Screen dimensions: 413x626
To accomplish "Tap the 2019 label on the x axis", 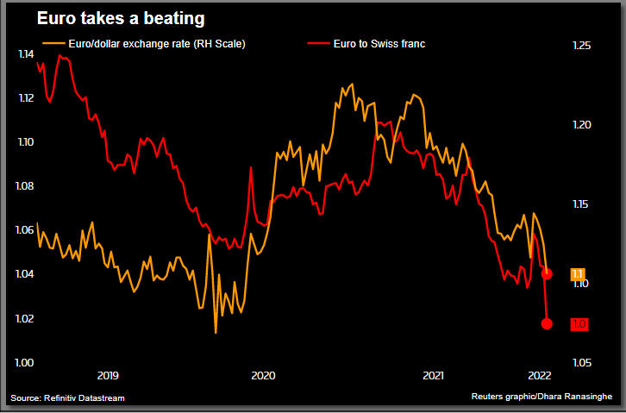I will [x=108, y=375].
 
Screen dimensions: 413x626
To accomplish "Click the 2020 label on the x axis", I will [x=262, y=375].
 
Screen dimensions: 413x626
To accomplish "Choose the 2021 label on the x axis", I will [x=433, y=375].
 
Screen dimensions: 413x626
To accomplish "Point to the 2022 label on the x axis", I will [x=539, y=375].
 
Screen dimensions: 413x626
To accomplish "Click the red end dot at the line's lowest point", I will [x=547, y=323].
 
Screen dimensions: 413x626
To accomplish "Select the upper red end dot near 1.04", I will [x=547, y=273].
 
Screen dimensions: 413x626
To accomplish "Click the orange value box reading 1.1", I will [x=579, y=274].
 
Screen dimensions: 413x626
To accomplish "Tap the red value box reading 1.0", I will [x=579, y=324].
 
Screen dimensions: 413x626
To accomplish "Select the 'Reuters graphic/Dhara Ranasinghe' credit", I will [x=541, y=397].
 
